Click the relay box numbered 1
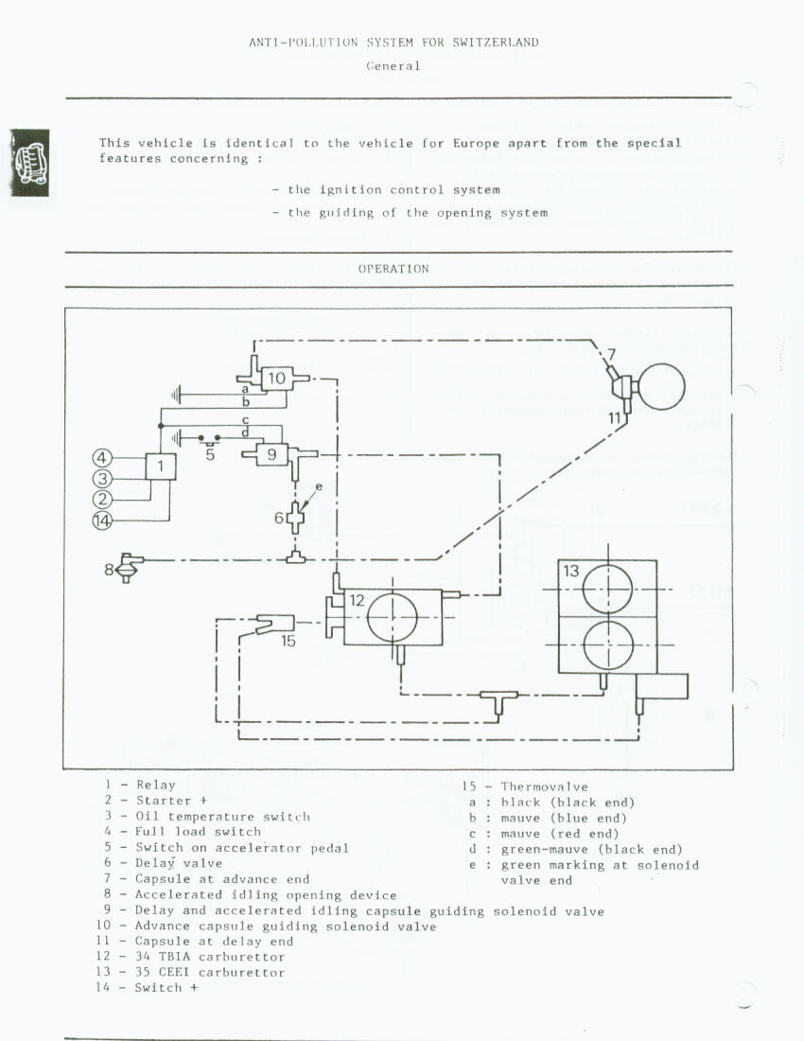[161, 466]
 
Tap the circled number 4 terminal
[103, 459]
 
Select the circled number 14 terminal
[103, 520]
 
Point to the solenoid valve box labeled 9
[271, 454]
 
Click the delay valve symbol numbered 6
[296, 516]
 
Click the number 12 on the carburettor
[357, 600]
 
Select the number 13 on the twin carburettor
[571, 572]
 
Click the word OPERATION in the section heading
[393, 269]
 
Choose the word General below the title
[393, 66]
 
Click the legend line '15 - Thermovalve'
[524, 786]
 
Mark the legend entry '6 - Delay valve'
[163, 863]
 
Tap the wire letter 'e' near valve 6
[319, 486]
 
